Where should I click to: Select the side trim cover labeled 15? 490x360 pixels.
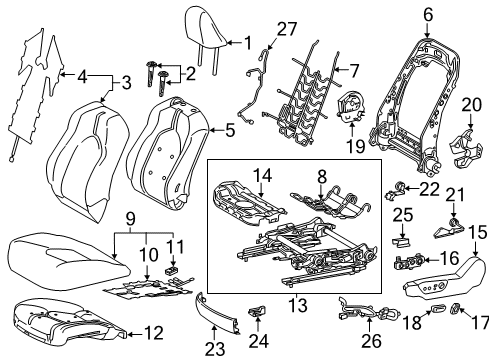433,291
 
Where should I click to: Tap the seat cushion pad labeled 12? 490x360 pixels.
60,322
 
